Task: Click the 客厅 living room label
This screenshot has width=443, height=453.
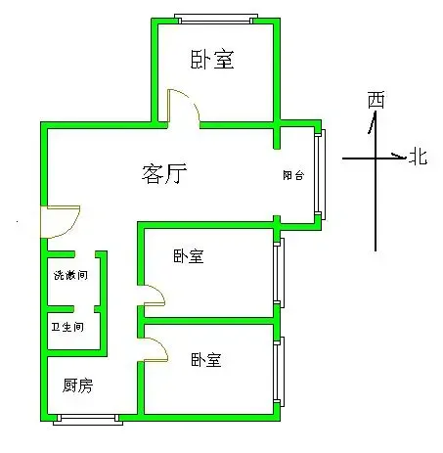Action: (164, 173)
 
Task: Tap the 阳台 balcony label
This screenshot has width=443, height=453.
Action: (293, 175)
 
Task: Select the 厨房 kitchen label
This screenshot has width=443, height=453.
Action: (77, 385)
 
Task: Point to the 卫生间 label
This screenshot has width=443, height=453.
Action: (67, 327)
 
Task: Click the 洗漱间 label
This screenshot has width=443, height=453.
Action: (70, 275)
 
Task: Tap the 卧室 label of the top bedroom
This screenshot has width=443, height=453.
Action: (212, 59)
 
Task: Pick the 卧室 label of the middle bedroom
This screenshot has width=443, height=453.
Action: (189, 256)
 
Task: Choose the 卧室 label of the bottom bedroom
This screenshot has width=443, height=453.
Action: (206, 360)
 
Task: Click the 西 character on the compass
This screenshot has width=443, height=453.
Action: (377, 100)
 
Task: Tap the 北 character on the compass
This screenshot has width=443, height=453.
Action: (419, 157)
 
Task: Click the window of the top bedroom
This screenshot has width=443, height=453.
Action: (216, 19)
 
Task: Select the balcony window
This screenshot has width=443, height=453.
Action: (320, 174)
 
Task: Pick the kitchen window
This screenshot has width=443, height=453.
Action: (88, 420)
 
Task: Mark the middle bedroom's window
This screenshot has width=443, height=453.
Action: (279, 273)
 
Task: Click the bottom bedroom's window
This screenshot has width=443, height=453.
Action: (279, 372)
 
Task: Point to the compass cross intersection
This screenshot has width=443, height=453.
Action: (376, 159)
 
